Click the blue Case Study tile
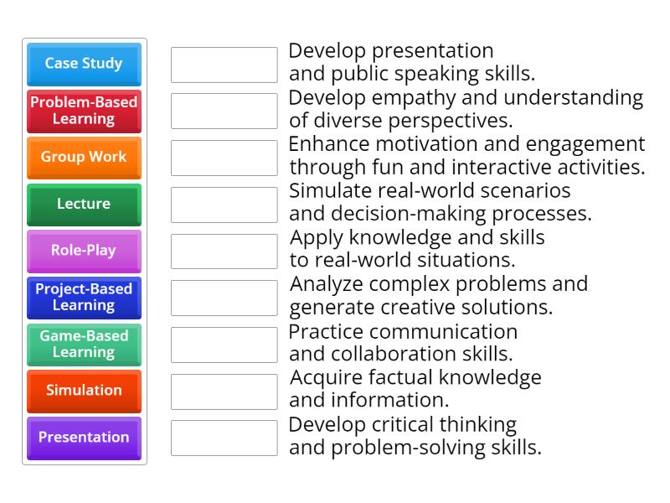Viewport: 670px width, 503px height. pyautogui.click(x=84, y=64)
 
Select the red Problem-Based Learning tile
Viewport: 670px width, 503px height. pyautogui.click(x=84, y=111)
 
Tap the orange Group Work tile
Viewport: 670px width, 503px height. pyautogui.click(x=84, y=157)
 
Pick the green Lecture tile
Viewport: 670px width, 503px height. pyautogui.click(x=84, y=204)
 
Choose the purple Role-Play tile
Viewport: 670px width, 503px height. pyautogui.click(x=84, y=251)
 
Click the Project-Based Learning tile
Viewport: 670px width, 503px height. pyautogui.click(x=84, y=297)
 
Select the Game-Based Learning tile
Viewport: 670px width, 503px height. pyautogui.click(x=84, y=344)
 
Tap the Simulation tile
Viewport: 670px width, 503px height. pyautogui.click(x=84, y=391)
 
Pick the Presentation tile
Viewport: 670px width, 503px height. pyautogui.click(x=84, y=438)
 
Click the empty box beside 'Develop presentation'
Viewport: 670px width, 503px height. pyautogui.click(x=224, y=65)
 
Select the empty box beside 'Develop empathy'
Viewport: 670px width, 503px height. pyautogui.click(x=224, y=111)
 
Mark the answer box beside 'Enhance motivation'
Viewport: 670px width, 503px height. pyautogui.click(x=224, y=158)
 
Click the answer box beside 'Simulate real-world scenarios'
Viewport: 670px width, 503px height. pyautogui.click(x=224, y=205)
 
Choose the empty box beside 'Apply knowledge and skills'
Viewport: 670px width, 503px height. pyautogui.click(x=224, y=251)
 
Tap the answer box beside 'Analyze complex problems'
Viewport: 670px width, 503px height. pyautogui.click(x=224, y=298)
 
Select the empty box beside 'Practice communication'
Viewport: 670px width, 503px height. pyautogui.click(x=224, y=345)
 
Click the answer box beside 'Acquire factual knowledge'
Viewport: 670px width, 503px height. pyautogui.click(x=224, y=391)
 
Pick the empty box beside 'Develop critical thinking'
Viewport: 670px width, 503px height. pyautogui.click(x=224, y=438)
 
